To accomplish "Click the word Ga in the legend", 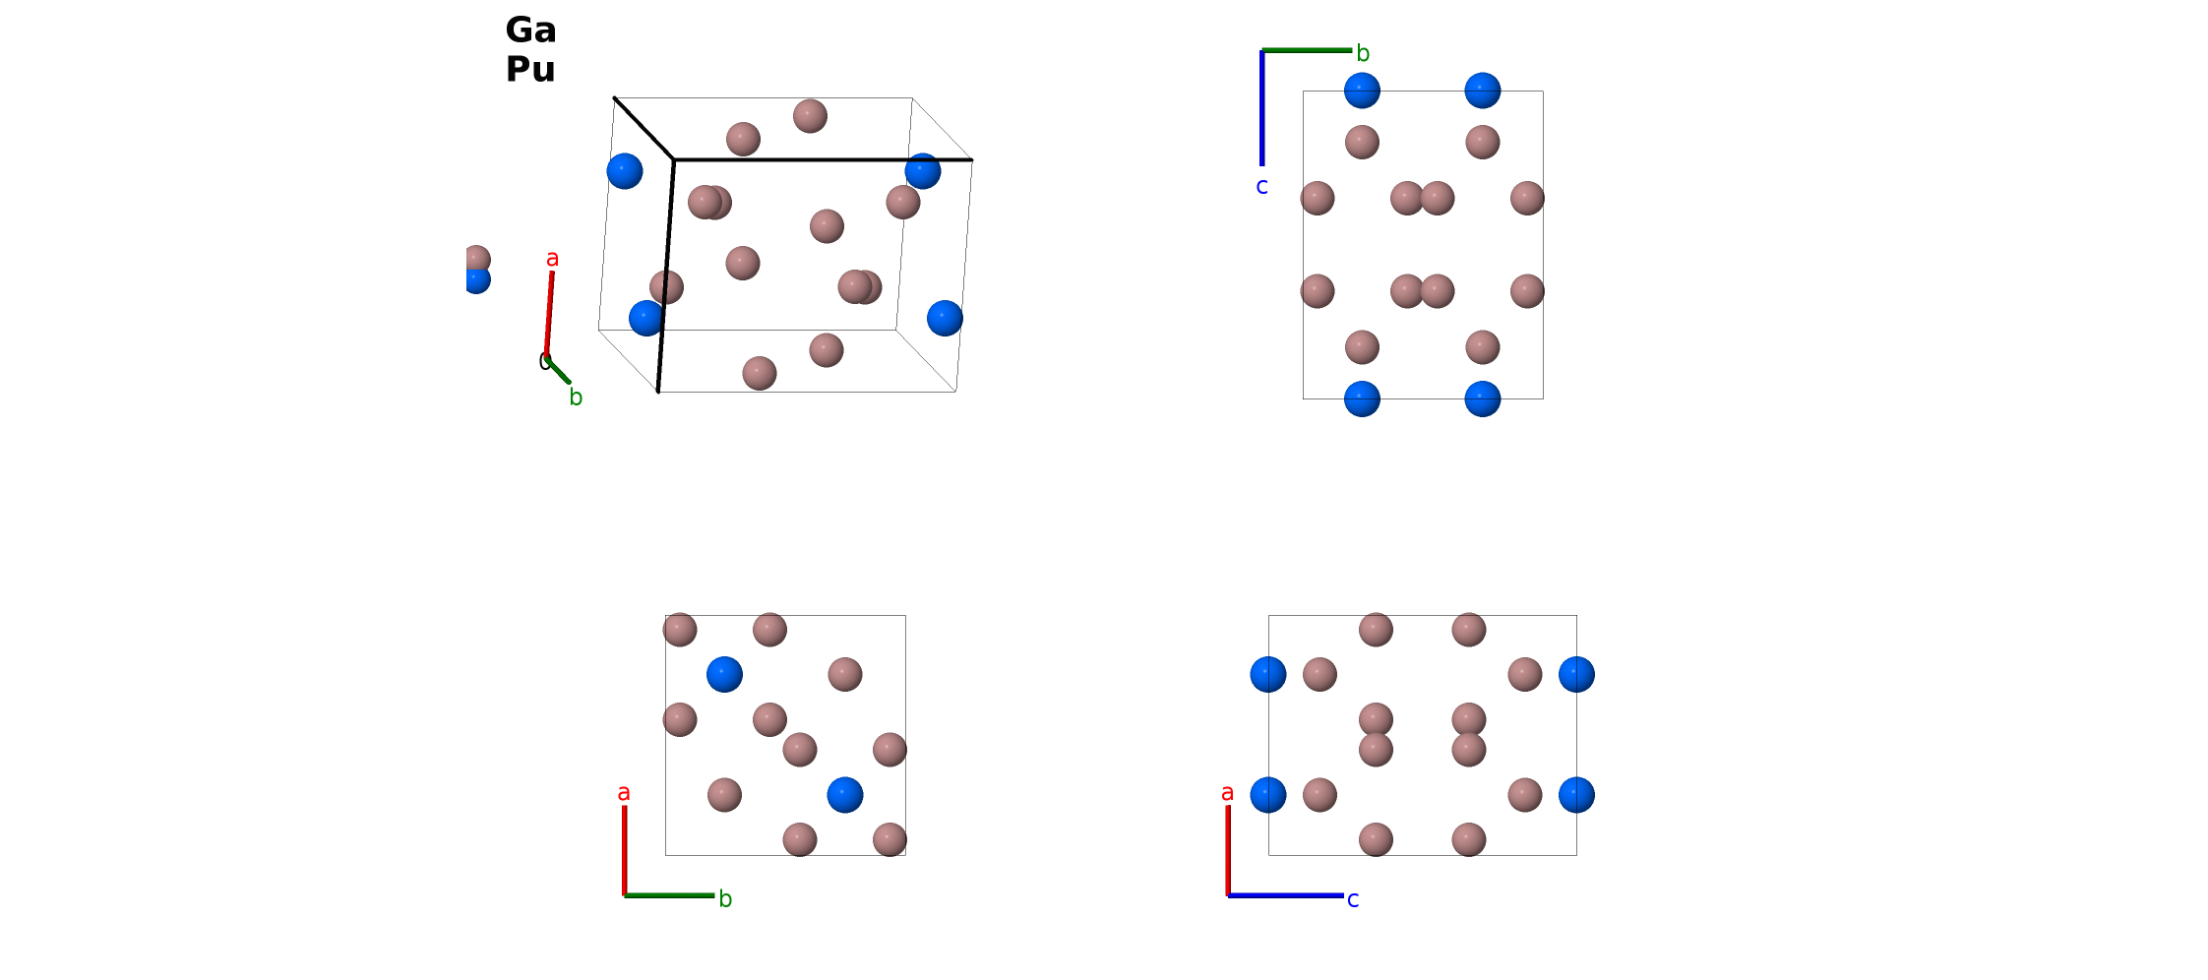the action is (530, 31).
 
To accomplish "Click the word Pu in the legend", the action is (530, 70).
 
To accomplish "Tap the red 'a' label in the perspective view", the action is (552, 259).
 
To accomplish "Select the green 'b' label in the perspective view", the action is (576, 397).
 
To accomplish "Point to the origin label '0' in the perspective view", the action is (544, 361).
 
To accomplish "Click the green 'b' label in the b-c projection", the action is (1363, 53).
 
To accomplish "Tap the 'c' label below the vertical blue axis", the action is (1261, 186).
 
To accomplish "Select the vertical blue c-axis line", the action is (1261, 108).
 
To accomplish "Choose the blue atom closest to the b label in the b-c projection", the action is (1362, 91).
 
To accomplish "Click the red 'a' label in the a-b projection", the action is (623, 793).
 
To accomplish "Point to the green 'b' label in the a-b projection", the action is (725, 898).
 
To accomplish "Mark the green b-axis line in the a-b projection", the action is (669, 895).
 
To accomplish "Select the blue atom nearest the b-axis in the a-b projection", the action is (845, 795).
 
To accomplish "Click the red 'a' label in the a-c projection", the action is (1227, 793).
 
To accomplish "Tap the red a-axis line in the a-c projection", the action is (1228, 850).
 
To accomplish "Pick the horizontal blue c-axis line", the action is (1286, 895).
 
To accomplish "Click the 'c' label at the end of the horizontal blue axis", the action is (1353, 899).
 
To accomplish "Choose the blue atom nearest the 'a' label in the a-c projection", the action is (1268, 795).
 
